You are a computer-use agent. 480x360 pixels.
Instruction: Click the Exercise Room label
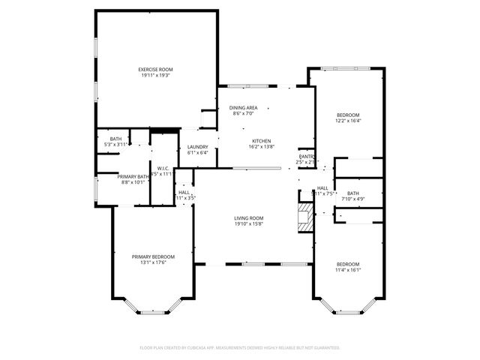click(155, 69)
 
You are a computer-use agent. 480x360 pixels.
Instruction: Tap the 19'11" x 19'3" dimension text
click(155, 75)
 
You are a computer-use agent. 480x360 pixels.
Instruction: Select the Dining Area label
click(243, 107)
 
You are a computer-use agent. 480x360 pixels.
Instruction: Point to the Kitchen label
click(261, 141)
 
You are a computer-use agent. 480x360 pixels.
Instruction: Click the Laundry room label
click(198, 146)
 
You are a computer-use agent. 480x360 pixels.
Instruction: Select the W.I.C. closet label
click(163, 168)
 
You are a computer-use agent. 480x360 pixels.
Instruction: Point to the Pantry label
click(306, 156)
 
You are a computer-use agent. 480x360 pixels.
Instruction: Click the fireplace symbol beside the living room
click(304, 216)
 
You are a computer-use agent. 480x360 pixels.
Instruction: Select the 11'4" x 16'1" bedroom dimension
click(347, 270)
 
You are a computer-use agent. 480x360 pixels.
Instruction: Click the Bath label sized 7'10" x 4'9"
click(352, 193)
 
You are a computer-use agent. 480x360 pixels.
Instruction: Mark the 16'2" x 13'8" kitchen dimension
click(261, 147)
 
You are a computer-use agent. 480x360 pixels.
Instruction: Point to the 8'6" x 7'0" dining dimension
click(243, 113)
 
